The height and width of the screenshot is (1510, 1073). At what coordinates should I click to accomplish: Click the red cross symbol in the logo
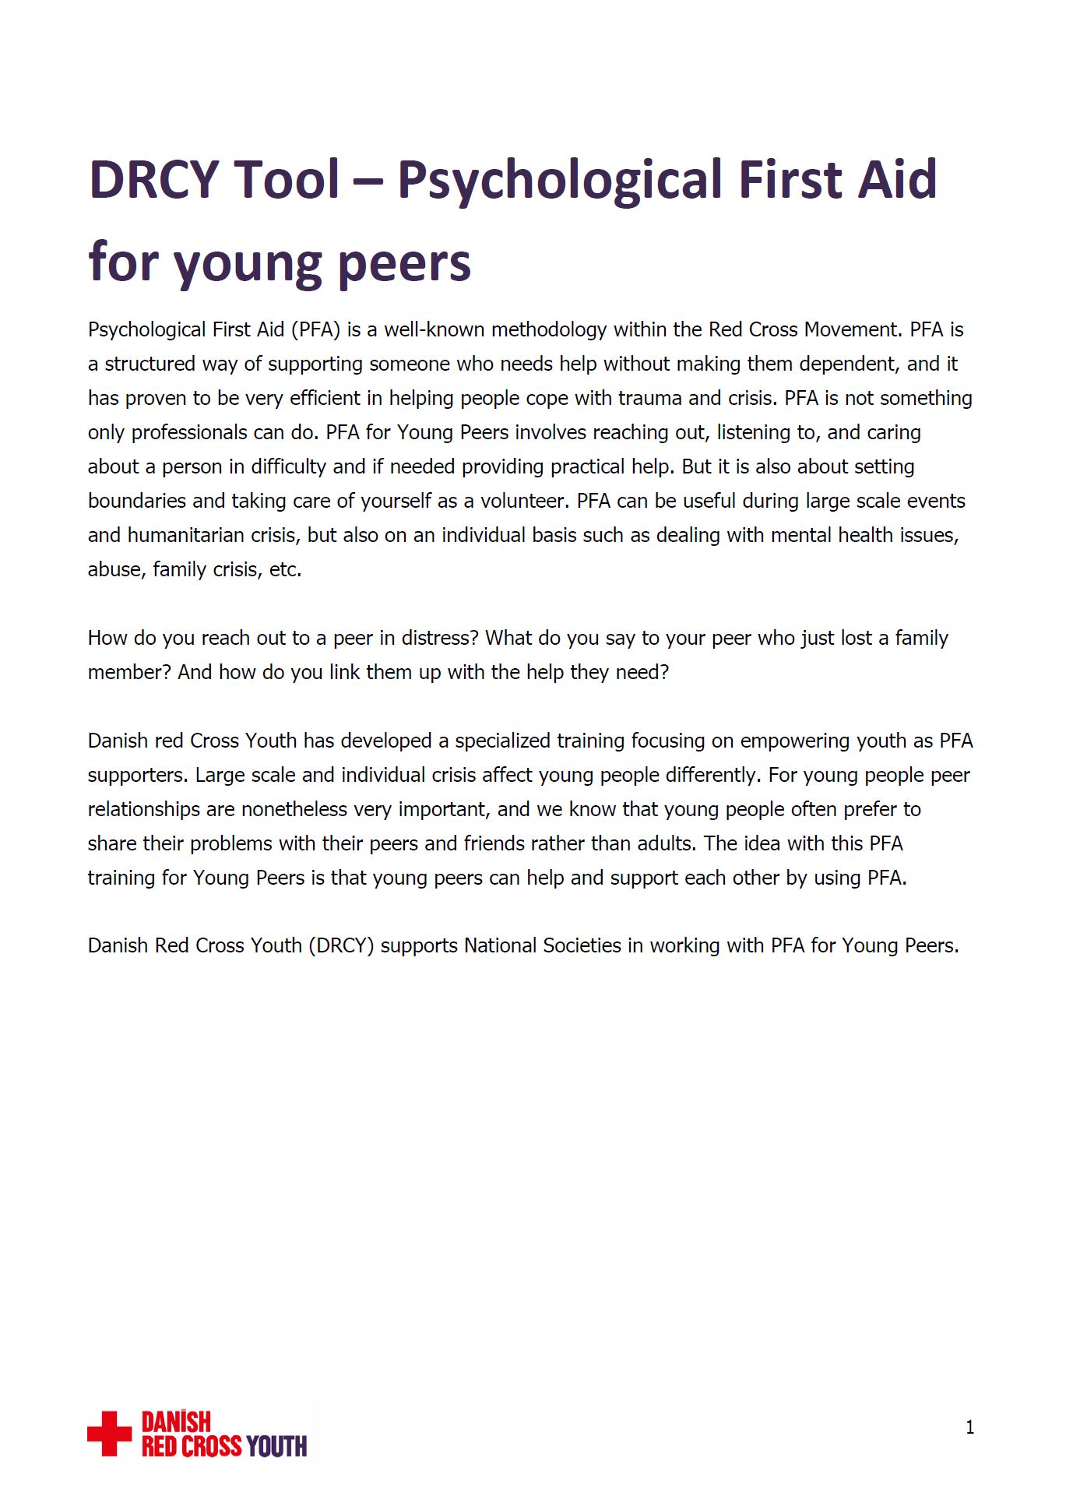point(109,1434)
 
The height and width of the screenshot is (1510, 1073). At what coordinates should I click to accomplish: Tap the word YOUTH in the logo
point(276,1446)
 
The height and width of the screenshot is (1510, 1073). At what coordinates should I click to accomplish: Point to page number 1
point(969,1427)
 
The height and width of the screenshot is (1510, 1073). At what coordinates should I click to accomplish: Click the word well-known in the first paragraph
point(434,330)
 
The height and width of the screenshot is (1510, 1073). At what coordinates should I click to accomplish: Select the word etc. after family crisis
point(285,570)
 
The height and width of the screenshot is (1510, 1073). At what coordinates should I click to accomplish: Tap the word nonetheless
point(294,810)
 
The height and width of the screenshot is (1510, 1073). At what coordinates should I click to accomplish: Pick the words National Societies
point(543,946)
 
